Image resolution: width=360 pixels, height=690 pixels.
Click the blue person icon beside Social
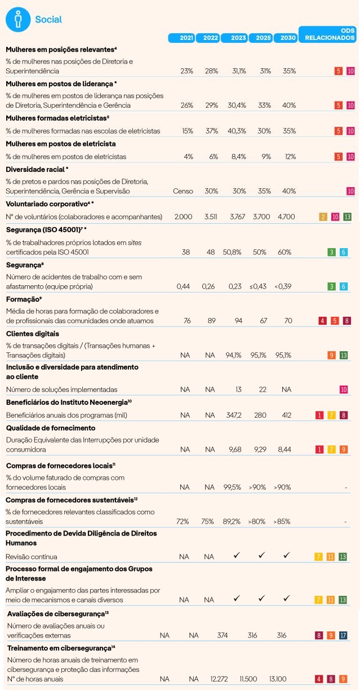17,19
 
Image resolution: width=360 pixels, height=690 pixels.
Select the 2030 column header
285,38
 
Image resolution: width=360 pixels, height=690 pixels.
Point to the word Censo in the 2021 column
184,191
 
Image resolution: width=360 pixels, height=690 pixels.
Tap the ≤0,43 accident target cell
260,286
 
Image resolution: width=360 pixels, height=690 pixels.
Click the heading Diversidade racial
35,169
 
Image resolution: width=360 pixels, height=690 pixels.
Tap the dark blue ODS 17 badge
343,635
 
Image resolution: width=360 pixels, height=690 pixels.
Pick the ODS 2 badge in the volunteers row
323,216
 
